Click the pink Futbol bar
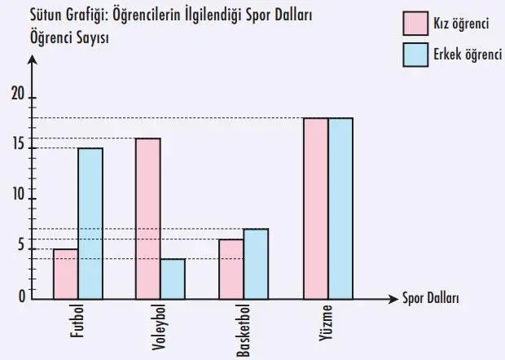tap(66, 274)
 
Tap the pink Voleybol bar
tap(147, 218)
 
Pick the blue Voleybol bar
tap(173, 279)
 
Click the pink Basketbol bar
tap(231, 270)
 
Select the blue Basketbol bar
tap(256, 264)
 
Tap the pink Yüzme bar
tap(315, 209)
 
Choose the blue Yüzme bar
tap(340, 209)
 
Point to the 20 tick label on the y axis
tap(18, 95)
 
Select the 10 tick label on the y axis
tap(18, 198)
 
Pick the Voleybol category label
tap(160, 328)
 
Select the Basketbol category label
tap(244, 331)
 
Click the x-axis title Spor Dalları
tap(430, 298)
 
